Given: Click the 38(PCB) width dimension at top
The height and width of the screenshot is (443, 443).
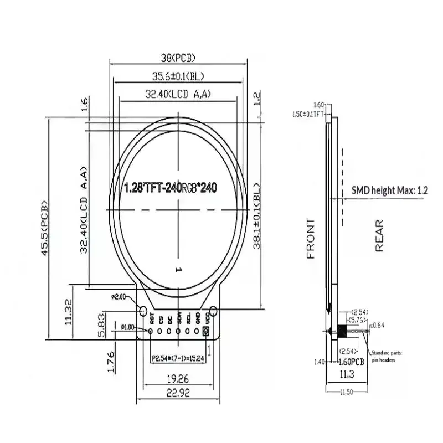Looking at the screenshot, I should tap(177, 58).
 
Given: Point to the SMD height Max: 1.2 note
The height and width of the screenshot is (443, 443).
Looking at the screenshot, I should tap(390, 190).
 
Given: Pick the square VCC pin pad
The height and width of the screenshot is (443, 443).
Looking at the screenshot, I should tap(207, 331).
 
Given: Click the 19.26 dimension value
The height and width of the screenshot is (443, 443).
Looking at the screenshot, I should tap(178, 380).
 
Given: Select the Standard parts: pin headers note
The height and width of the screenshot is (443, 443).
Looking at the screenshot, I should tap(388, 356).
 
